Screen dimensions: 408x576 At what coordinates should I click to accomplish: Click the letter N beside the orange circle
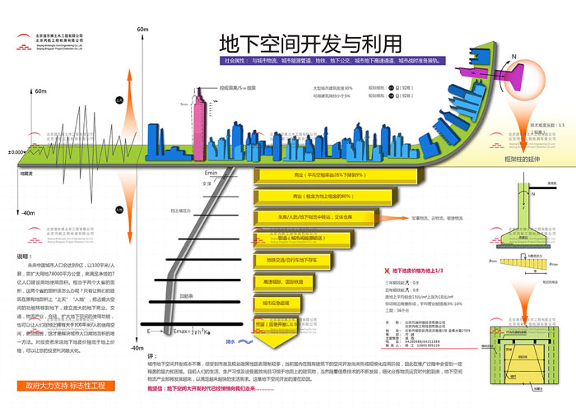point(514,58)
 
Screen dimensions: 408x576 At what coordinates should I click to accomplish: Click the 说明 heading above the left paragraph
point(23,257)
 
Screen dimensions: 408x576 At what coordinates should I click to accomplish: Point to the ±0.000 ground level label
point(15,152)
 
